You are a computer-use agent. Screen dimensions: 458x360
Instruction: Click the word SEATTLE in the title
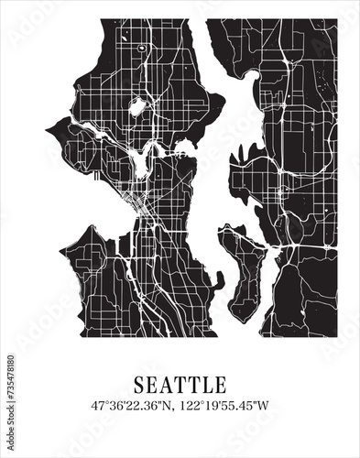click(180, 383)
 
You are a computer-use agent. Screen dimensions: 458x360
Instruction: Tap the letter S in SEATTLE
click(139, 383)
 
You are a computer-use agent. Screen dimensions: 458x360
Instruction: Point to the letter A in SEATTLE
click(165, 383)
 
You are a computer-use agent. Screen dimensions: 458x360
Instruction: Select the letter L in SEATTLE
click(207, 383)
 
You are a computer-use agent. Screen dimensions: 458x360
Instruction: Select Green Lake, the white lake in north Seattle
click(138, 108)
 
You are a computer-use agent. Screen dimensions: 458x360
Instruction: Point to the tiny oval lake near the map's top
click(142, 47)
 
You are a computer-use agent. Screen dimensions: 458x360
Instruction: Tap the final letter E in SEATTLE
click(221, 383)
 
